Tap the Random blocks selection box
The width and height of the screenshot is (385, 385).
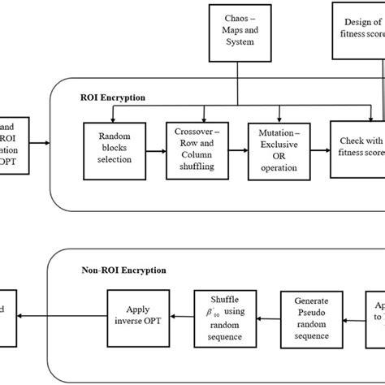click(113, 149)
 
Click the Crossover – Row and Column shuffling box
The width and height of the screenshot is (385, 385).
click(195, 149)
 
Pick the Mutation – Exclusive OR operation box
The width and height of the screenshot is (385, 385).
click(276, 149)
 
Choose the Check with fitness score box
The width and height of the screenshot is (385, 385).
click(358, 149)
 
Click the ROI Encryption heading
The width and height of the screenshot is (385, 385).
click(112, 97)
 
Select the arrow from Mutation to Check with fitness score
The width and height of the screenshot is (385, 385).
click(318, 149)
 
